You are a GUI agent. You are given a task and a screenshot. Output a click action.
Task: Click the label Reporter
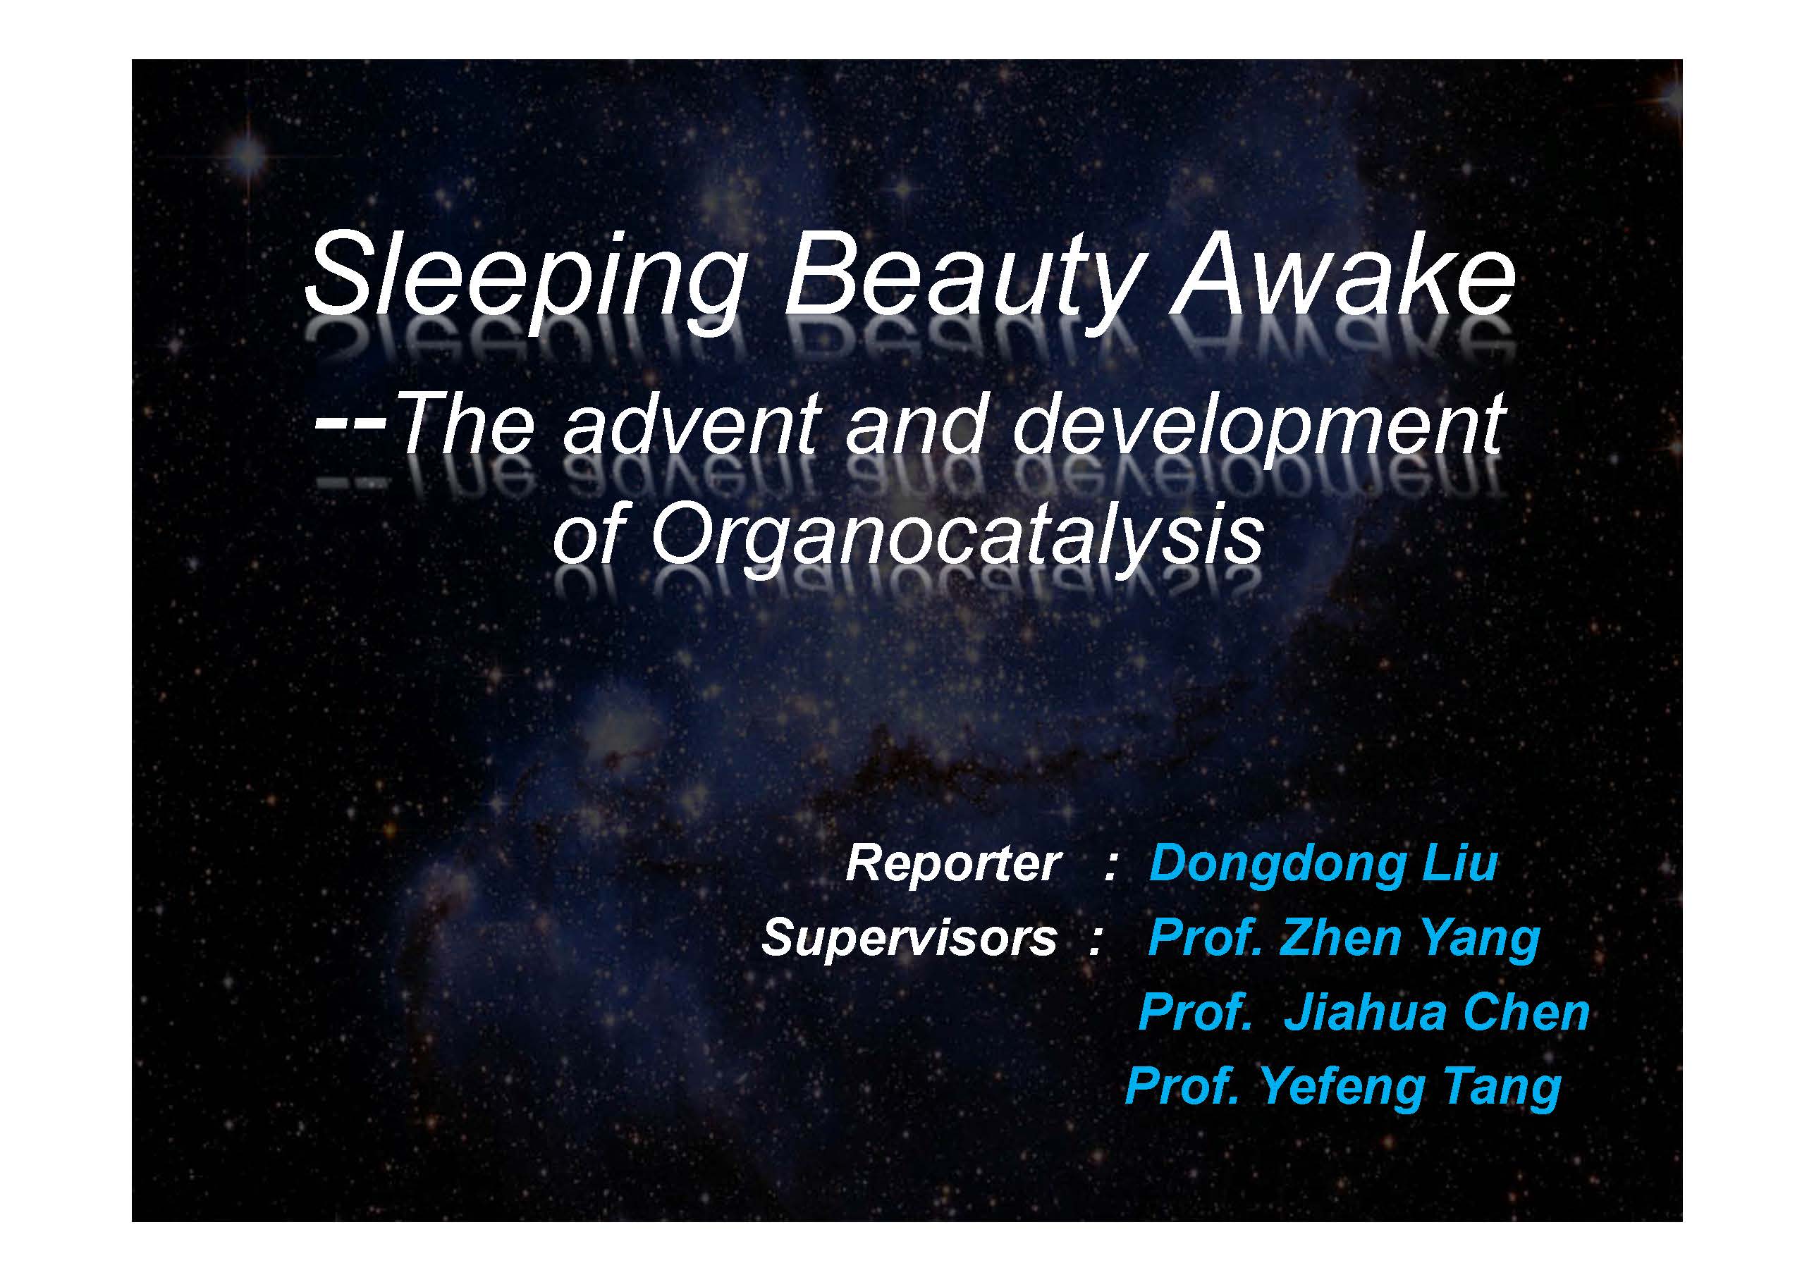pyautogui.click(x=951, y=863)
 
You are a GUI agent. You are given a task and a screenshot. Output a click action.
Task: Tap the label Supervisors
pyautogui.click(x=909, y=937)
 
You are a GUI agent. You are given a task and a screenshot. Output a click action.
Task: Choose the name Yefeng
pyautogui.click(x=1342, y=1088)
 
